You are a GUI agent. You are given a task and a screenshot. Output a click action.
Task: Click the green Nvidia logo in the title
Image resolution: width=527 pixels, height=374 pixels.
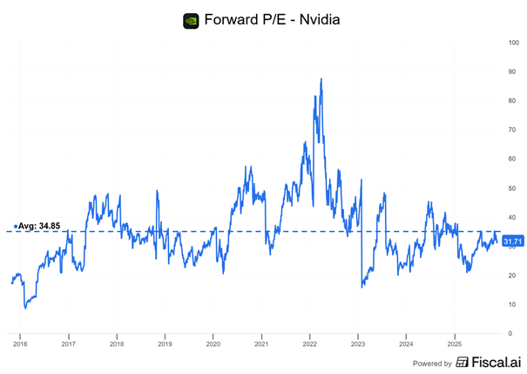[x=191, y=20]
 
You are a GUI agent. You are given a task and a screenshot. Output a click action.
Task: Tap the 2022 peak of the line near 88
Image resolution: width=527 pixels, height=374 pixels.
[x=321, y=79]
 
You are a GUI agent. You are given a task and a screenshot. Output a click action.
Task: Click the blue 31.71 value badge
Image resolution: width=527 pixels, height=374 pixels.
[x=513, y=241]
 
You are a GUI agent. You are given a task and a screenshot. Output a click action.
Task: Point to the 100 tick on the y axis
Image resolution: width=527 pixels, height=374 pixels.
[x=515, y=43]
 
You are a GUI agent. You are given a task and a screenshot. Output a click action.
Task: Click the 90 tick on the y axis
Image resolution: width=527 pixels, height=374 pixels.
[x=514, y=72]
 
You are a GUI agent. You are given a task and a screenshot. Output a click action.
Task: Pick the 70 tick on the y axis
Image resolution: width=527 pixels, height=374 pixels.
[x=514, y=130]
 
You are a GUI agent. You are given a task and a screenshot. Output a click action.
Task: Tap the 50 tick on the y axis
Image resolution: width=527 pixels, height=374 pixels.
[x=514, y=188]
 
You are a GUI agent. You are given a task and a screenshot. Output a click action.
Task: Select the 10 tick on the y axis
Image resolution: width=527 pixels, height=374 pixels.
[x=514, y=304]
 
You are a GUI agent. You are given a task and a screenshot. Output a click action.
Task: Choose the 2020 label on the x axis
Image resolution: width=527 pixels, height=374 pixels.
[x=213, y=344]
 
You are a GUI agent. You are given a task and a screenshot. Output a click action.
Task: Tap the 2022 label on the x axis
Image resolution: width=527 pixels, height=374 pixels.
[x=309, y=344]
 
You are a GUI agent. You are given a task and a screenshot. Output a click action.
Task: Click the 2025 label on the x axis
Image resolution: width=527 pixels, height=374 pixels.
[x=454, y=344]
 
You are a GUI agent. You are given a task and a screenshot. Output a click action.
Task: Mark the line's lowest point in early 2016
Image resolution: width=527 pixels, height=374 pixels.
[x=25, y=308]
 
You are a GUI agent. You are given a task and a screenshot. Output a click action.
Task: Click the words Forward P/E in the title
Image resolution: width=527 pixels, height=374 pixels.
[x=238, y=20]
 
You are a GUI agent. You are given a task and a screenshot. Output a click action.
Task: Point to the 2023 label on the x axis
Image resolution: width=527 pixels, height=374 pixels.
[x=357, y=344]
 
